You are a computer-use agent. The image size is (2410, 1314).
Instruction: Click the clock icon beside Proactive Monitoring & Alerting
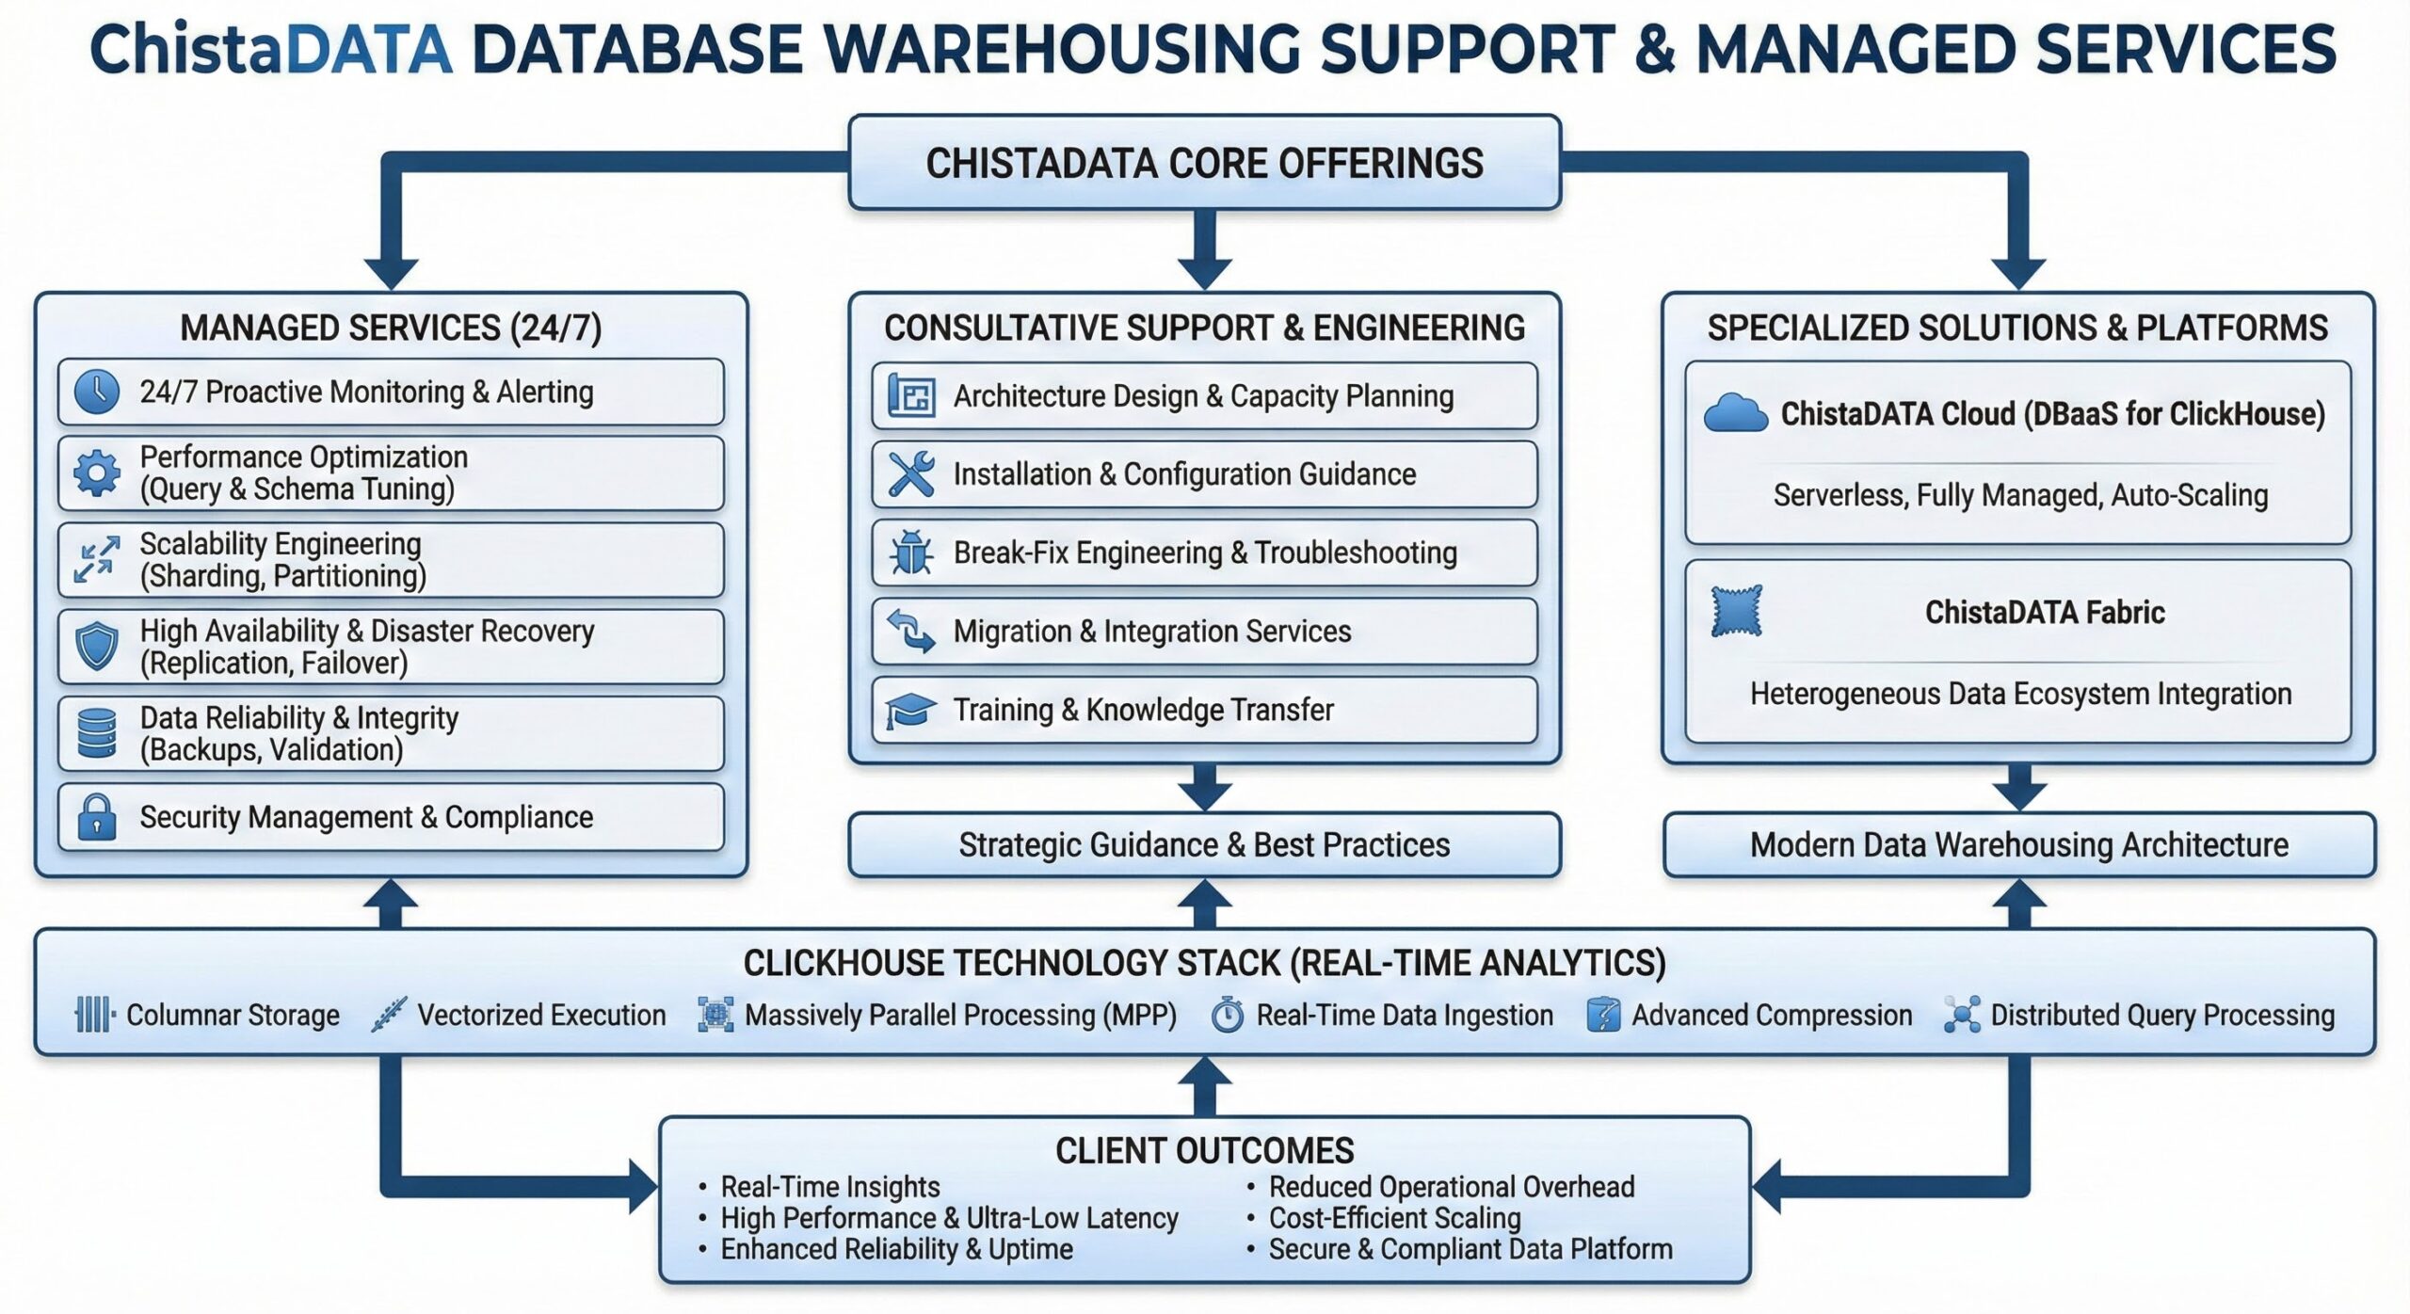coord(97,392)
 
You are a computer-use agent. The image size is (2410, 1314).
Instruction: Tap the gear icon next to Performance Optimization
coord(97,473)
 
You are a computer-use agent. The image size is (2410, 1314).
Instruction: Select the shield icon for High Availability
coord(97,647)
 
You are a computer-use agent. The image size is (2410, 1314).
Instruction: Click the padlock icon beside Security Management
coord(97,817)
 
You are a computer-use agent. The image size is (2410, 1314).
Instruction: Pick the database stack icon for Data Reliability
coord(97,733)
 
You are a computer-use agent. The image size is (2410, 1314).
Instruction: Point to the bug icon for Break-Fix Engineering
coord(911,553)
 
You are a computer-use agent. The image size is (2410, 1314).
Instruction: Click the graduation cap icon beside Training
coord(910,710)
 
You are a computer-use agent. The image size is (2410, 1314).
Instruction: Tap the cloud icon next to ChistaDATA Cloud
coord(1735,414)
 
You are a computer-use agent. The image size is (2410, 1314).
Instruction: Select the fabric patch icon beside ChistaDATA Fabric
coord(1736,612)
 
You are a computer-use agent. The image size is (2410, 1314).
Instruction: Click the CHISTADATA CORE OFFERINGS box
coord(1204,163)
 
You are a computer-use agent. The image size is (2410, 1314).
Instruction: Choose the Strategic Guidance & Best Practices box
coord(1204,845)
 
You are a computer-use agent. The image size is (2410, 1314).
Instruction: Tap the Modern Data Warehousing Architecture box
coord(2018,845)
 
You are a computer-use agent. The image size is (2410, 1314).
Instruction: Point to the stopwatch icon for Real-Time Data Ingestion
coord(1227,1015)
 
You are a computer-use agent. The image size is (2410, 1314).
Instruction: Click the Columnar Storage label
coord(233,1015)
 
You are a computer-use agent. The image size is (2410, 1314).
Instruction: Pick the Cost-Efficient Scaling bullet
coord(1394,1218)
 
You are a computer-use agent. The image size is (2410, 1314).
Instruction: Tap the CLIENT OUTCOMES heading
coord(1204,1150)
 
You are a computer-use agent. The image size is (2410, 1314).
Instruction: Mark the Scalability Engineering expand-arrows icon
coord(97,560)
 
